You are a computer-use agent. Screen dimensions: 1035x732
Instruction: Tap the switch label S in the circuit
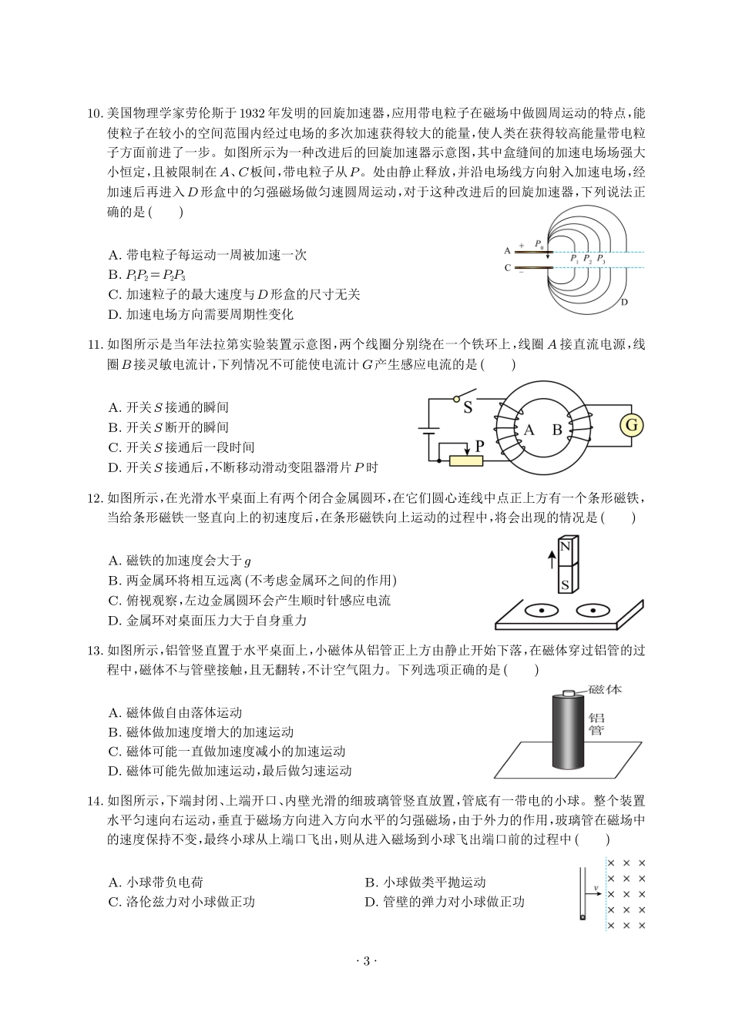pos(468,408)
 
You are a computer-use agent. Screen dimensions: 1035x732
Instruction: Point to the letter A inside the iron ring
pos(529,430)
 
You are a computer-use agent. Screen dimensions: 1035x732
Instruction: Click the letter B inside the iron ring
pos(557,430)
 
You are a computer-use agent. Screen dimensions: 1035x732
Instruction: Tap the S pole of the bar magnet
pos(566,584)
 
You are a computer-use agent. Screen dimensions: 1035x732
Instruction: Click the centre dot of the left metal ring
pos(542,611)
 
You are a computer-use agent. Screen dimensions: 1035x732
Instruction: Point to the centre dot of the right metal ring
pos(593,611)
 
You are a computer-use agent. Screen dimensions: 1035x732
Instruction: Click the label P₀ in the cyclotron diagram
pos(540,243)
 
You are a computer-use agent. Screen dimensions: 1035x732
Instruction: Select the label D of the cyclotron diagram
pos(624,302)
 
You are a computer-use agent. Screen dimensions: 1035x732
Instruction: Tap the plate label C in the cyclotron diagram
pos(507,268)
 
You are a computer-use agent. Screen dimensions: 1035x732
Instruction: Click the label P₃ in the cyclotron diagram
pos(600,260)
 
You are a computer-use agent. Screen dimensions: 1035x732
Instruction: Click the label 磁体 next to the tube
pos(605,689)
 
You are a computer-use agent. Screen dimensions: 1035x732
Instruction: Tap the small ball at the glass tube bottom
pos(583,916)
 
